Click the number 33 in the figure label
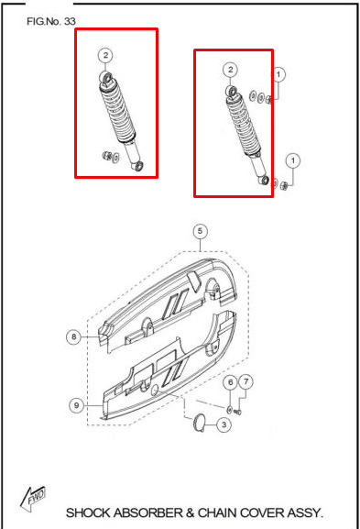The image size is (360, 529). [x=70, y=21]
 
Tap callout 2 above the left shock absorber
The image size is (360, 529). [x=106, y=55]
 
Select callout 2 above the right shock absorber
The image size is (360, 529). [x=231, y=70]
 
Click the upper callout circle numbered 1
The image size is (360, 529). [x=278, y=74]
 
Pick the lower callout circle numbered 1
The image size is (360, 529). [x=293, y=160]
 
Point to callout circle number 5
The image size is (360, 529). [x=201, y=231]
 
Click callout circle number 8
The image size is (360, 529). [x=74, y=336]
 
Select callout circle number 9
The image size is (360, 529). [x=77, y=405]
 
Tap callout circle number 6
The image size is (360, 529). [x=231, y=382]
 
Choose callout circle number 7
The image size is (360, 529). [x=246, y=381]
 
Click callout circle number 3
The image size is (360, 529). [x=224, y=424]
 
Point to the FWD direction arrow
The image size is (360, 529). [x=33, y=498]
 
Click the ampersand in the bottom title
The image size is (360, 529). [x=191, y=513]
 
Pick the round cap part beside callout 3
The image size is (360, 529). [x=199, y=424]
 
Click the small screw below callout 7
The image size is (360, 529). [x=237, y=412]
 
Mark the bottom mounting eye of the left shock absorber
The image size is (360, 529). [x=138, y=166]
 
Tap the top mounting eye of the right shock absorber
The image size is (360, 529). [x=232, y=91]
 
